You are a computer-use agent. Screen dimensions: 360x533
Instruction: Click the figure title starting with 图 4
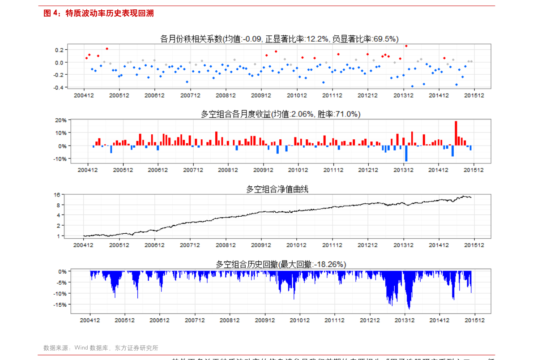[x=98, y=13]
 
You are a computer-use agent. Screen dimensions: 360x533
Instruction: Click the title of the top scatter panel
[x=279, y=39]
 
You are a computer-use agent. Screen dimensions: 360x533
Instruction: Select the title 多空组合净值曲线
[x=277, y=189]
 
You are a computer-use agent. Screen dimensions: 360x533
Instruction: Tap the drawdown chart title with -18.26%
[x=281, y=265]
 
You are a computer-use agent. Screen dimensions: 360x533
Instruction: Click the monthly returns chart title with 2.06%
[x=280, y=114]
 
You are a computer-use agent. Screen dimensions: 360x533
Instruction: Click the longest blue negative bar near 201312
[x=406, y=153]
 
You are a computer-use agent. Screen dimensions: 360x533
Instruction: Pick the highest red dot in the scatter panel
[x=406, y=46]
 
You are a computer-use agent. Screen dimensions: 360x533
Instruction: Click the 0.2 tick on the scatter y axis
[x=59, y=50]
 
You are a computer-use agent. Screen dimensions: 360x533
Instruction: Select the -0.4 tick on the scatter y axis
[x=58, y=87]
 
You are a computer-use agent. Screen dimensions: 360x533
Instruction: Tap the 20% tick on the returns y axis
[x=61, y=120]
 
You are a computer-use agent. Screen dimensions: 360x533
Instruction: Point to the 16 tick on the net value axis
[x=57, y=195]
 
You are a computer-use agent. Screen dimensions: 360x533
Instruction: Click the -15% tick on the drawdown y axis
[x=60, y=304]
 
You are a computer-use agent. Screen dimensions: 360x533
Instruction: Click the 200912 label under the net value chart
[x=261, y=245]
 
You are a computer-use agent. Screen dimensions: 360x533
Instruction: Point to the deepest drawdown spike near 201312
[x=409, y=308]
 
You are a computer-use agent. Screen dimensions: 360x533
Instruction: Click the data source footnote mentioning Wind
[x=101, y=347]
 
